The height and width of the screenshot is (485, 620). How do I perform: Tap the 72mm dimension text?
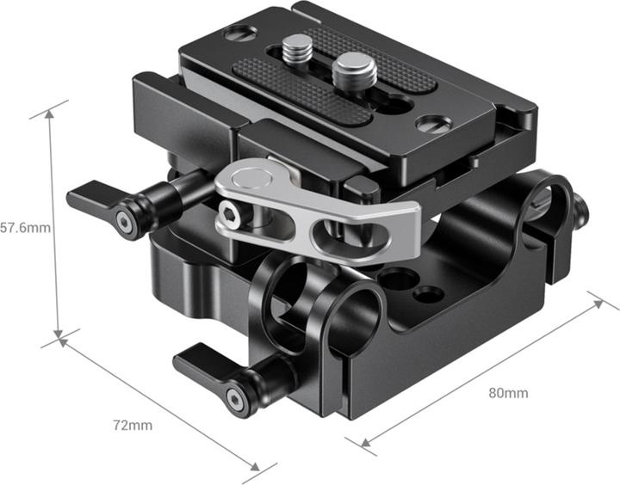tap(134, 425)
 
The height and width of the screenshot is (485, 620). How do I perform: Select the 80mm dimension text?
tap(508, 393)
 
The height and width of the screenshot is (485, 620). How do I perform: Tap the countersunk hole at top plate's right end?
tap(430, 123)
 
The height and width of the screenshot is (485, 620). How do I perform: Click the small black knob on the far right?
tap(582, 206)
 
